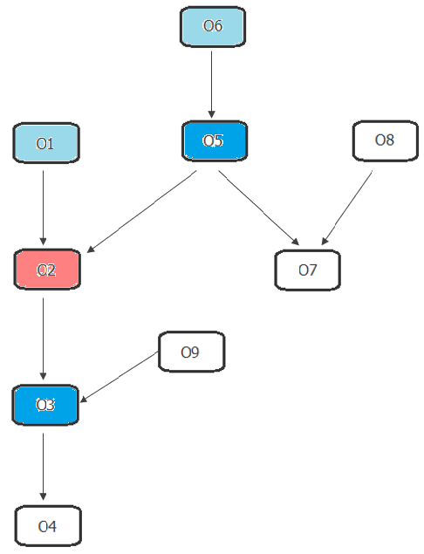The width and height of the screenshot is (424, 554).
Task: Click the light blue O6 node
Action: tap(213, 26)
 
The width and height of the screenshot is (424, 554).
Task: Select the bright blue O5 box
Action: tap(215, 141)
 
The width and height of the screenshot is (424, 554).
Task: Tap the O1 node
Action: tap(46, 143)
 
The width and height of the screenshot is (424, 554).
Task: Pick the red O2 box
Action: tap(47, 270)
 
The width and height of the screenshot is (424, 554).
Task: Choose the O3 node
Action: tap(45, 405)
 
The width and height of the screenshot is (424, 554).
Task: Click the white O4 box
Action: tap(48, 526)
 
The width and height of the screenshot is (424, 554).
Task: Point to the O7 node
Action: tap(307, 270)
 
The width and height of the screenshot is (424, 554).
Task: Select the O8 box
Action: tap(385, 140)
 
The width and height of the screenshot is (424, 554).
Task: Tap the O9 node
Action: tap(191, 352)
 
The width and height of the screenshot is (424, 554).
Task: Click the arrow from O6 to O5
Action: tap(212, 85)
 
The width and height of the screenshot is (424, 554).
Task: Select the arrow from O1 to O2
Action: tap(43, 208)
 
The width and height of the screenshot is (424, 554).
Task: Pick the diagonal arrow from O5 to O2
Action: tap(141, 212)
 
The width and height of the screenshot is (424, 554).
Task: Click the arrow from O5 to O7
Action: tap(259, 208)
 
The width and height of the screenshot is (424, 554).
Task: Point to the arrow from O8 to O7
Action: tap(346, 208)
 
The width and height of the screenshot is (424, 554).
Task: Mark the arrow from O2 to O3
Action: tap(43, 339)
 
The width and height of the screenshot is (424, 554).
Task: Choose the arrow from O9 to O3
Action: tap(119, 377)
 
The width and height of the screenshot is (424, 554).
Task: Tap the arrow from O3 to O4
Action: tap(43, 467)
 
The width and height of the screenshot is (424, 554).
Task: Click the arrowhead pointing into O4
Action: tap(43, 496)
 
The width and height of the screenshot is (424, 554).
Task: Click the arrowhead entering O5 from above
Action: tap(212, 114)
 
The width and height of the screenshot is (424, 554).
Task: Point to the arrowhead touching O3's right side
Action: tap(84, 400)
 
